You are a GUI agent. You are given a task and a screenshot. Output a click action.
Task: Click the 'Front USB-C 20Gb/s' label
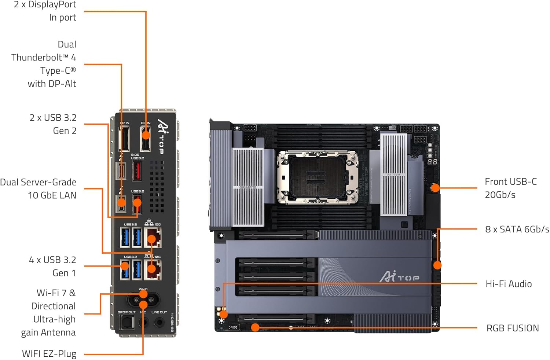coord(510,188)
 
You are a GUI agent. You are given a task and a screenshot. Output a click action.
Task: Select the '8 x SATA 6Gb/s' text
coord(517,229)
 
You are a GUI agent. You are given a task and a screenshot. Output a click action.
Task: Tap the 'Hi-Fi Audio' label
coord(508,284)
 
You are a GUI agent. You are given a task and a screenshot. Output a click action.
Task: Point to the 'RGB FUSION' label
coord(512,328)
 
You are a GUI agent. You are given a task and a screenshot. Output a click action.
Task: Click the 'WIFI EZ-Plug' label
coord(49,354)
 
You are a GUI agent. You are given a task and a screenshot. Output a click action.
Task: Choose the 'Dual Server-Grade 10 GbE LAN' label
coord(38,189)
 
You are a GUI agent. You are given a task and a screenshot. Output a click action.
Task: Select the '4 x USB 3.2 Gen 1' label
coord(52,267)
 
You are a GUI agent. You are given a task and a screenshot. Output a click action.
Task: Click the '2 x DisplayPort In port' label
coord(45,11)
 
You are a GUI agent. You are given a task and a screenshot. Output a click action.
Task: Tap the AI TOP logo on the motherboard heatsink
coord(399,277)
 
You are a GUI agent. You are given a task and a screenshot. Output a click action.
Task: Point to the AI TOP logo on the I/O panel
coord(161,136)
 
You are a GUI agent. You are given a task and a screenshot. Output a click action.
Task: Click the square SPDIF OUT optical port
coord(126,323)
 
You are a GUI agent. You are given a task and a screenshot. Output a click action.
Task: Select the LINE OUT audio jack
coord(159,323)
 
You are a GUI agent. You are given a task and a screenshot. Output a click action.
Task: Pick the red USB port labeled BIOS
coord(136,170)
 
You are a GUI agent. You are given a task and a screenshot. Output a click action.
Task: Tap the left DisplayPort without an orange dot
coord(125,139)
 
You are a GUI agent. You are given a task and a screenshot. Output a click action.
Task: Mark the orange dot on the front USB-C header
coord(435,188)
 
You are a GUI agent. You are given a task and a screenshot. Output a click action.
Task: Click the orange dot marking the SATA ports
coord(437,265)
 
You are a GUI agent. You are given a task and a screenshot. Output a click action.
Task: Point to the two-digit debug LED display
coord(432,161)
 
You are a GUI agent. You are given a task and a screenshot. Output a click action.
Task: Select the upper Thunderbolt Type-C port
coord(121,170)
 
